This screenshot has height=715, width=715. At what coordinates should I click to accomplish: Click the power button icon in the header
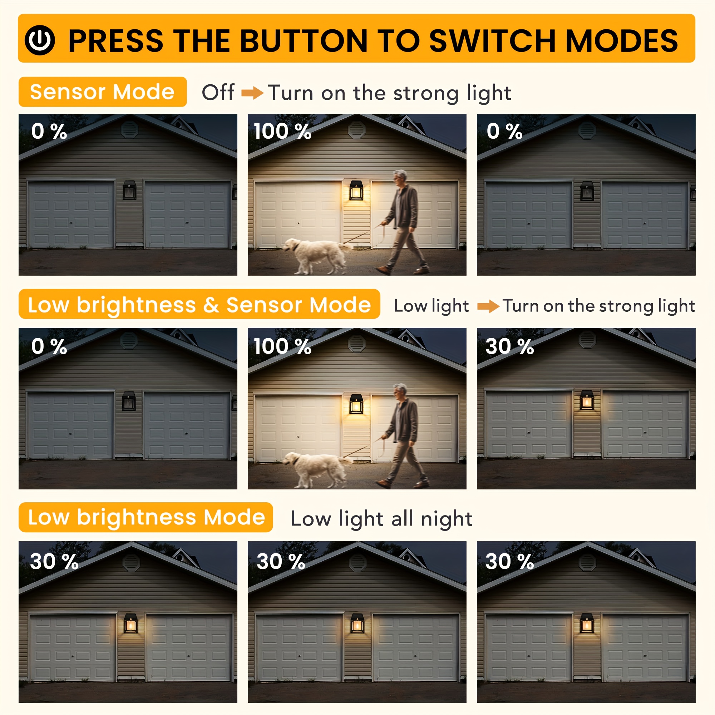click(x=40, y=40)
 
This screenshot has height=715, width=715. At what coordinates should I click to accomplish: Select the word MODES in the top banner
click(x=622, y=41)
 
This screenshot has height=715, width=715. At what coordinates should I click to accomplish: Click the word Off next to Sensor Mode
click(x=218, y=92)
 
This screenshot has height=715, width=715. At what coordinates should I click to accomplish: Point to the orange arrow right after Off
click(x=252, y=93)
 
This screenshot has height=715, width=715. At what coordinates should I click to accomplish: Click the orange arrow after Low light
click(x=488, y=306)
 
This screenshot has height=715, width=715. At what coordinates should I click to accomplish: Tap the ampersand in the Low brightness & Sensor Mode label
click(x=211, y=305)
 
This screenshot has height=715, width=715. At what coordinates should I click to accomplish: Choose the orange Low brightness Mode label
click(x=146, y=517)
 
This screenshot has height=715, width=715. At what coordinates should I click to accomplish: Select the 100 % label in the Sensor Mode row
click(x=282, y=131)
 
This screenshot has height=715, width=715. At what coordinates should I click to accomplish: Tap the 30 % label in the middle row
click(x=509, y=347)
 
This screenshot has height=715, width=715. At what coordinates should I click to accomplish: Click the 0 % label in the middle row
click(x=49, y=347)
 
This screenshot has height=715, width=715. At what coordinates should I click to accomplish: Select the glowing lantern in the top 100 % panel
click(x=356, y=190)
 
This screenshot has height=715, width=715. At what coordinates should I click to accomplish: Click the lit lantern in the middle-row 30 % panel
click(x=587, y=400)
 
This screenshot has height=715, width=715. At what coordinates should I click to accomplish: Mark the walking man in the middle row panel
click(x=403, y=437)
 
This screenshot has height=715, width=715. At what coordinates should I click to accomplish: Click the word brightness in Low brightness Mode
click(x=136, y=517)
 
